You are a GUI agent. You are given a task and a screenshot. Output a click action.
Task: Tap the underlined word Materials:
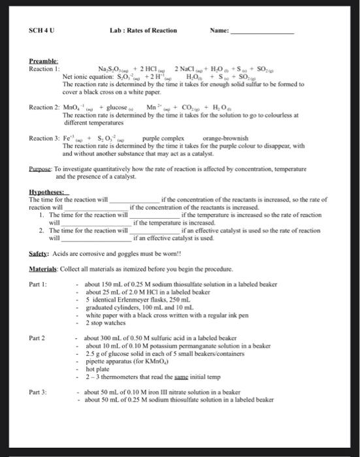(44, 269)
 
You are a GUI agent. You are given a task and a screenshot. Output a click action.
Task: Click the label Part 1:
(39, 285)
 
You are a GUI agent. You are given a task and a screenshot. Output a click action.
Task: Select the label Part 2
(38, 338)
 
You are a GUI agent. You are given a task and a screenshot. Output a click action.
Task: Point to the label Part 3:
(39, 392)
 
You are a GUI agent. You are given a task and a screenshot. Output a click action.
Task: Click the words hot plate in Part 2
(97, 369)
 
